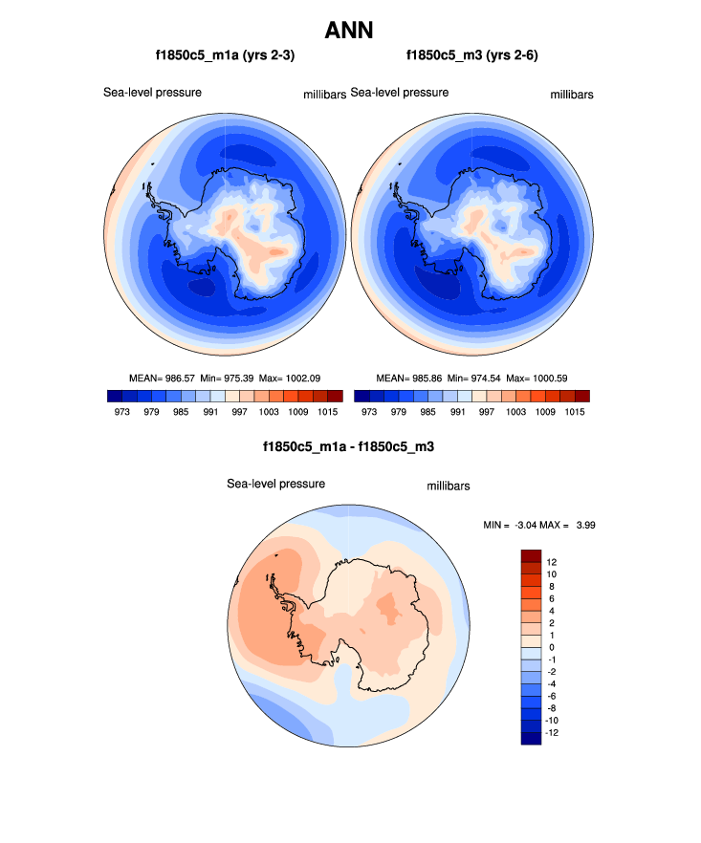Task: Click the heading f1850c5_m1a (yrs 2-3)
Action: coord(225,56)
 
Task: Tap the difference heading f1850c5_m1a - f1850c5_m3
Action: coord(349,446)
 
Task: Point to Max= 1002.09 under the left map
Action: coord(296,378)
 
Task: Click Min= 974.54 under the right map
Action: coord(472,378)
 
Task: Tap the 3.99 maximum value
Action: coord(584,525)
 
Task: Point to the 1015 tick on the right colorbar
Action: coord(575,412)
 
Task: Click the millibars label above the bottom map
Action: coord(448,486)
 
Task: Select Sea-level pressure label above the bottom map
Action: coord(275,484)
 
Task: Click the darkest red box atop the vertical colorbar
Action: coord(531,555)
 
